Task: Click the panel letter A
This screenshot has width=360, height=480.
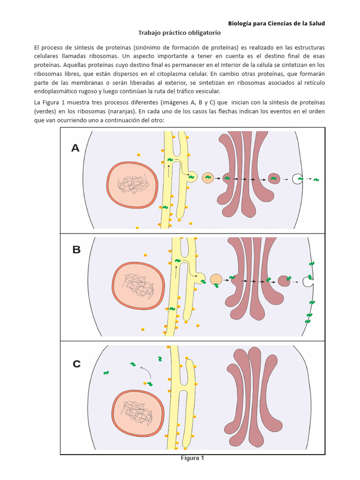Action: coord(75,149)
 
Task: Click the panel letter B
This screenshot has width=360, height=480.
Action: coord(76,250)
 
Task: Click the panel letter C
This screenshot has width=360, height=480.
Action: coord(77,364)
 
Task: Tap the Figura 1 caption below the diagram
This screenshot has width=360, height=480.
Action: coord(193,458)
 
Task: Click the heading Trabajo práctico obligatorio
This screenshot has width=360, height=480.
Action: coord(179,33)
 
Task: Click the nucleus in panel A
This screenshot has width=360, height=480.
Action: coord(132,185)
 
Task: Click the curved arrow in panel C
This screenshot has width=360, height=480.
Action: coord(146,372)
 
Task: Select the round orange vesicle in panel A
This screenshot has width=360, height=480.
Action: coord(208,178)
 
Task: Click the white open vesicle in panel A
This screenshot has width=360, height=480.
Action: coord(297,179)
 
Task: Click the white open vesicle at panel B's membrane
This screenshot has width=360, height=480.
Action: coord(308,282)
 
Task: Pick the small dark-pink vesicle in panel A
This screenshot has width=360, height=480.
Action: coord(274,178)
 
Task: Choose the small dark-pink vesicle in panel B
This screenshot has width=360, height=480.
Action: coord(284,280)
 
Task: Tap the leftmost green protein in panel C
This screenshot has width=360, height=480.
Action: coord(106,373)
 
